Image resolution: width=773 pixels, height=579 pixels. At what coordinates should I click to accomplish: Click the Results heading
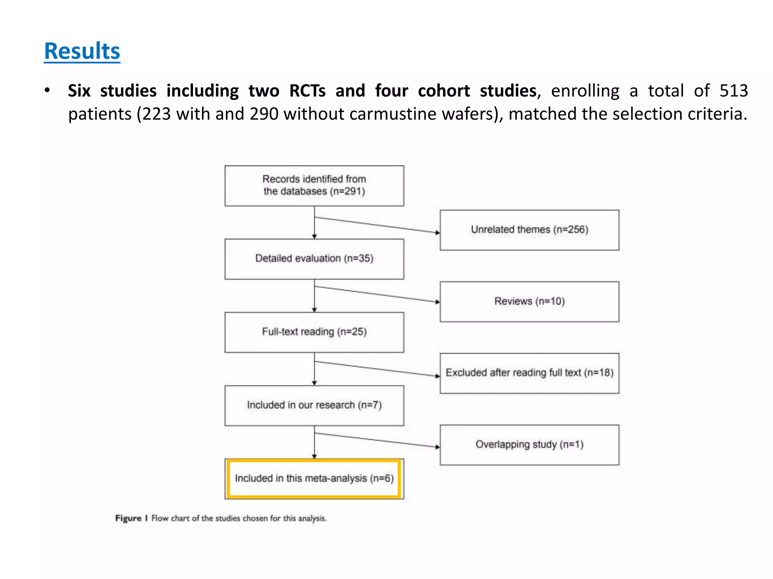pyautogui.click(x=82, y=51)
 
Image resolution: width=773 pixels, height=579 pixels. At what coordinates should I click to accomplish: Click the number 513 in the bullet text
pyautogui.click(x=733, y=91)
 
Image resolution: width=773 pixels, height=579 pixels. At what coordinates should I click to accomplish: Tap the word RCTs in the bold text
pyautogui.click(x=307, y=91)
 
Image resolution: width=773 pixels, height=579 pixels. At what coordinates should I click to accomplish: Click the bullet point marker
pyautogui.click(x=47, y=90)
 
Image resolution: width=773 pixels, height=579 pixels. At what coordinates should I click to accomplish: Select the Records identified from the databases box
pyautogui.click(x=314, y=186)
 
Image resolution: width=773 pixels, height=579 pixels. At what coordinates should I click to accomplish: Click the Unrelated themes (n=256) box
pyautogui.click(x=530, y=230)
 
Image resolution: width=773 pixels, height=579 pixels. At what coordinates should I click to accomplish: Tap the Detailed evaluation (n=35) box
pyautogui.click(x=314, y=259)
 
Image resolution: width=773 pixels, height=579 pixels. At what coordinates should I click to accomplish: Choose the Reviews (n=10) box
pyautogui.click(x=530, y=302)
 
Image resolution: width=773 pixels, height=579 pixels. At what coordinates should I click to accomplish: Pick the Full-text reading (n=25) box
pyautogui.click(x=314, y=332)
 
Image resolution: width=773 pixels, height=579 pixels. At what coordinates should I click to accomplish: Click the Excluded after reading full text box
pyautogui.click(x=530, y=373)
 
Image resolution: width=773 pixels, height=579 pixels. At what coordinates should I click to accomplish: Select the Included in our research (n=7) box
pyautogui.click(x=314, y=406)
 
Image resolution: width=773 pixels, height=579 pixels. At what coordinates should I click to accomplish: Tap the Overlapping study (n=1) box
pyautogui.click(x=530, y=445)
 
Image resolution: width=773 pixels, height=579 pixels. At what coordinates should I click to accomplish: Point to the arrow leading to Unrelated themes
pyautogui.click(x=377, y=225)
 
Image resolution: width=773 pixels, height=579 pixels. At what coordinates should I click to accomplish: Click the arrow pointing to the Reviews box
pyautogui.click(x=377, y=294)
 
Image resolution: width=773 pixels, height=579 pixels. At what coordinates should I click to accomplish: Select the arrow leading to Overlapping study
pyautogui.click(x=377, y=440)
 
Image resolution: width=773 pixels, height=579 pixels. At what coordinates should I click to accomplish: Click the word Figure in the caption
pyautogui.click(x=128, y=518)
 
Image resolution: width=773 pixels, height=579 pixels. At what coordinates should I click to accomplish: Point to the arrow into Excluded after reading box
pyautogui.click(x=377, y=369)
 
